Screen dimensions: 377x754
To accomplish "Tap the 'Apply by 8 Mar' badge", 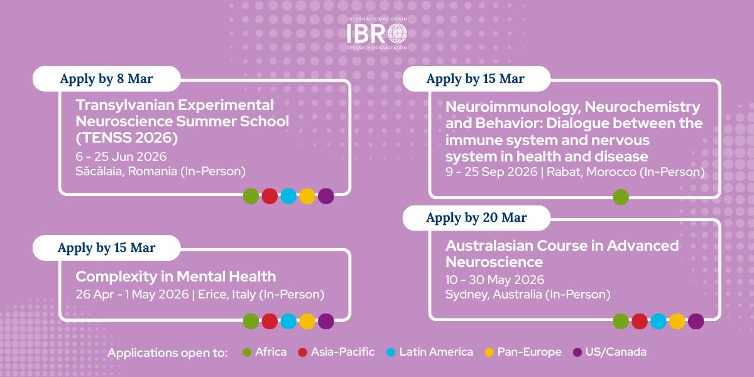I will click(106, 79).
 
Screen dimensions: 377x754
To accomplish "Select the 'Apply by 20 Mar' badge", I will click(476, 218).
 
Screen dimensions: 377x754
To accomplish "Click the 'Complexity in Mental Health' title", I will click(175, 276).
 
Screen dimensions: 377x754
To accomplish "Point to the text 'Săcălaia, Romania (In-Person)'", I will click(160, 172).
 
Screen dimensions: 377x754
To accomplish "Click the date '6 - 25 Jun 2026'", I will click(121, 157).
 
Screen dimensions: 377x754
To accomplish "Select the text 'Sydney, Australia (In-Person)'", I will click(528, 294).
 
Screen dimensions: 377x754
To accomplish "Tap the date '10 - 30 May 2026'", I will click(495, 280).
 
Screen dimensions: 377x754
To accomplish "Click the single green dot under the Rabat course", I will click(621, 197).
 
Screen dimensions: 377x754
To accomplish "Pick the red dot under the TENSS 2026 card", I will click(270, 196).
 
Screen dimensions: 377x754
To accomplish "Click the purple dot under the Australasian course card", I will click(696, 321).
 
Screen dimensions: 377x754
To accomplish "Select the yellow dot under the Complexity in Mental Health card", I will click(307, 321).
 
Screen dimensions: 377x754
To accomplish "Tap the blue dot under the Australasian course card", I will click(658, 321).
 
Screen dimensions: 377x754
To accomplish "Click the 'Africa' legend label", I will click(271, 352).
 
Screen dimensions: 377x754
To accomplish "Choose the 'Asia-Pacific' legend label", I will click(342, 352).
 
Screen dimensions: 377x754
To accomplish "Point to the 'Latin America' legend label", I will click(436, 352).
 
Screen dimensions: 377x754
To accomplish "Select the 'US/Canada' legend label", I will click(616, 352).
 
